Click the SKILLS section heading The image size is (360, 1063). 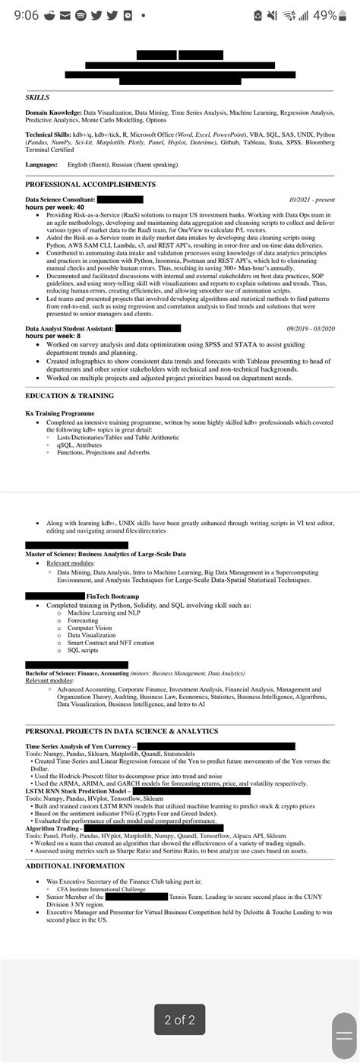point(37,98)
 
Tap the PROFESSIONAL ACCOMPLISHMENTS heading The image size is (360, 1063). point(90,185)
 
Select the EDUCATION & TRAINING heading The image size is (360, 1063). point(69,396)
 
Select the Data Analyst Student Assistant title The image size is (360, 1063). point(69,327)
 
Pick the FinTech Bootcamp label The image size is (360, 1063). point(112,596)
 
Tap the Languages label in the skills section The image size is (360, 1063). point(41,164)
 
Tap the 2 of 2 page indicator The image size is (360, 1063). point(179,1020)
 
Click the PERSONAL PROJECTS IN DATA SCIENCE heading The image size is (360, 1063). point(122,731)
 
